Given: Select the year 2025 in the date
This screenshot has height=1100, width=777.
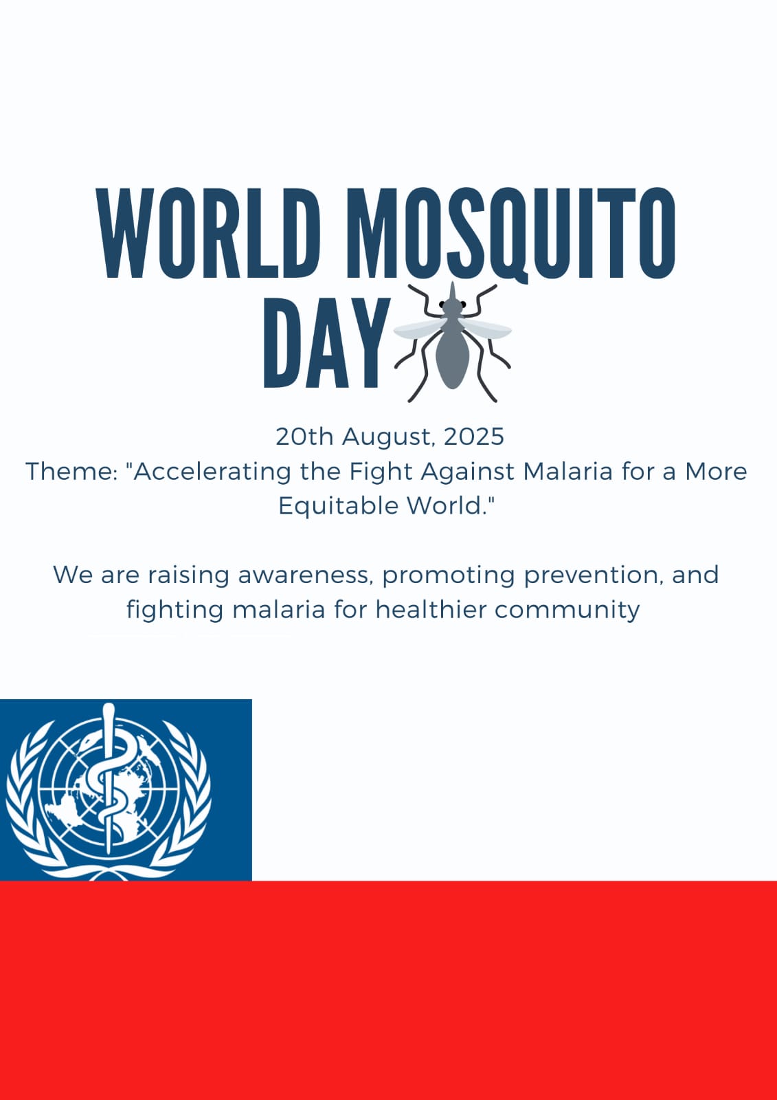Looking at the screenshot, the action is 473,436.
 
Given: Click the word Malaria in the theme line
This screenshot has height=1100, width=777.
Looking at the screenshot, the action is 568,472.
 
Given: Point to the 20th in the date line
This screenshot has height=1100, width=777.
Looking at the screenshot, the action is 304,436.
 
